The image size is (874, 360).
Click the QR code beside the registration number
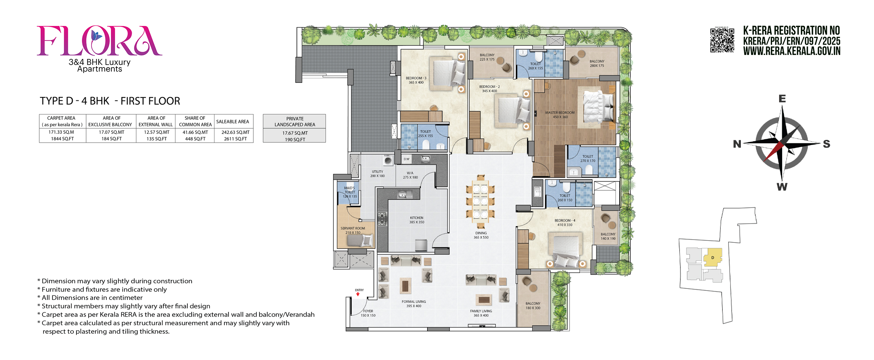click(x=722, y=40)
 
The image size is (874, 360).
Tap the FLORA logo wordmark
click(x=99, y=41)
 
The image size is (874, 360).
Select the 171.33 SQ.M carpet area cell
click(x=61, y=132)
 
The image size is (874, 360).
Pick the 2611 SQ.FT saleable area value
click(x=235, y=139)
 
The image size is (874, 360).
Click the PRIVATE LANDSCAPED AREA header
click(x=295, y=121)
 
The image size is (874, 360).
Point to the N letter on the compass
click(x=737, y=144)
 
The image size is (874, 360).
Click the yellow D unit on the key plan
click(x=713, y=257)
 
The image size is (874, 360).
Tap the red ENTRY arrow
click(x=358, y=294)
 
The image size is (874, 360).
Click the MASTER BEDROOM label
click(x=560, y=115)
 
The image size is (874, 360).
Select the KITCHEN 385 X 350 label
click(x=417, y=220)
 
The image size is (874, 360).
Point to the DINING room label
click(x=481, y=235)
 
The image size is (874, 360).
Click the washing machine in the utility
click(x=387, y=160)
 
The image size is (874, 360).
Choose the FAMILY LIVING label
click(x=481, y=313)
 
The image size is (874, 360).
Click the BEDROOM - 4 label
click(x=565, y=222)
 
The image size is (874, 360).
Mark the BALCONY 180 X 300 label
click(x=533, y=306)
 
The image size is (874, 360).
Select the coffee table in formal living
click(x=405, y=286)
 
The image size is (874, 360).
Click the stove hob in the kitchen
click(x=382, y=219)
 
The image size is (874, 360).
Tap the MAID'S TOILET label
click(x=350, y=192)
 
